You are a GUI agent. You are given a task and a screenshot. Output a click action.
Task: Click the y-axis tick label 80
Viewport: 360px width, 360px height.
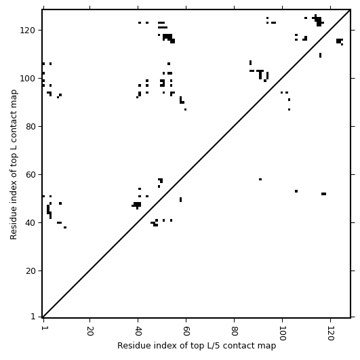(31, 127)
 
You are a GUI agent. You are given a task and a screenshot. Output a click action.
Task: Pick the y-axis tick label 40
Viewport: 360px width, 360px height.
(31, 222)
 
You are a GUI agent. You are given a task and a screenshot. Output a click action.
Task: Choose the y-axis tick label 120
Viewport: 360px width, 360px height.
(28, 30)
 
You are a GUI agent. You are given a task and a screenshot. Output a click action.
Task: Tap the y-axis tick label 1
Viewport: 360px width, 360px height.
(33, 317)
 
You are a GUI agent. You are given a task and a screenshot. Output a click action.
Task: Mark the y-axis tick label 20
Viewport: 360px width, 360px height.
(31, 271)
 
